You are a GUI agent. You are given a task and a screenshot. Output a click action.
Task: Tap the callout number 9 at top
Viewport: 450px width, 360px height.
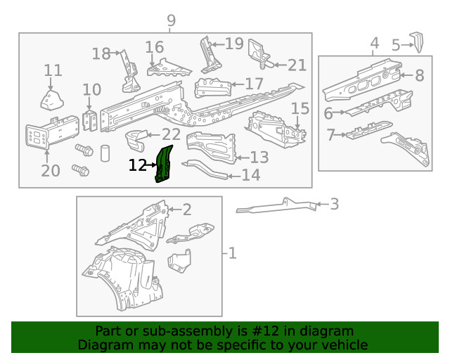(x=171, y=21)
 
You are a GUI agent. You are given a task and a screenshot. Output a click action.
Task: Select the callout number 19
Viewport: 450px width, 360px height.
(x=233, y=44)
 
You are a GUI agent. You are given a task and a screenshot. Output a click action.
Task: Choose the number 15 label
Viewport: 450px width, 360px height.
(x=300, y=108)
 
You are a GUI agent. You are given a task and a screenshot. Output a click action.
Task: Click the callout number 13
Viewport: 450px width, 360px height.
(x=259, y=157)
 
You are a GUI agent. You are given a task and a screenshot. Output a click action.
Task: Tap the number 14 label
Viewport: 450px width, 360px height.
(x=251, y=175)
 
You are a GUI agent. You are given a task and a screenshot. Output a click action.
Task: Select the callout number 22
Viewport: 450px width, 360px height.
(x=171, y=134)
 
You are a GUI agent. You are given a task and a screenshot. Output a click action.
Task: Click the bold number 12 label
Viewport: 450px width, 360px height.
(x=138, y=165)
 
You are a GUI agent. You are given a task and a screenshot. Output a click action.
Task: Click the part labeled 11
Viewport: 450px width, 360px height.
(x=51, y=99)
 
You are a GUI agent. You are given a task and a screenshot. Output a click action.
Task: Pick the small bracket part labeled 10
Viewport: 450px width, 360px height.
(x=90, y=120)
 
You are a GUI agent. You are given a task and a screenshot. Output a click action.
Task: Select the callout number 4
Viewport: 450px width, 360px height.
(x=375, y=44)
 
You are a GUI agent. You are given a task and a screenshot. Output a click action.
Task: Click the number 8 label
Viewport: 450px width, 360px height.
(x=419, y=75)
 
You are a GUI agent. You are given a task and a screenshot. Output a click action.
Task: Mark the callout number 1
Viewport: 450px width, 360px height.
(x=232, y=252)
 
